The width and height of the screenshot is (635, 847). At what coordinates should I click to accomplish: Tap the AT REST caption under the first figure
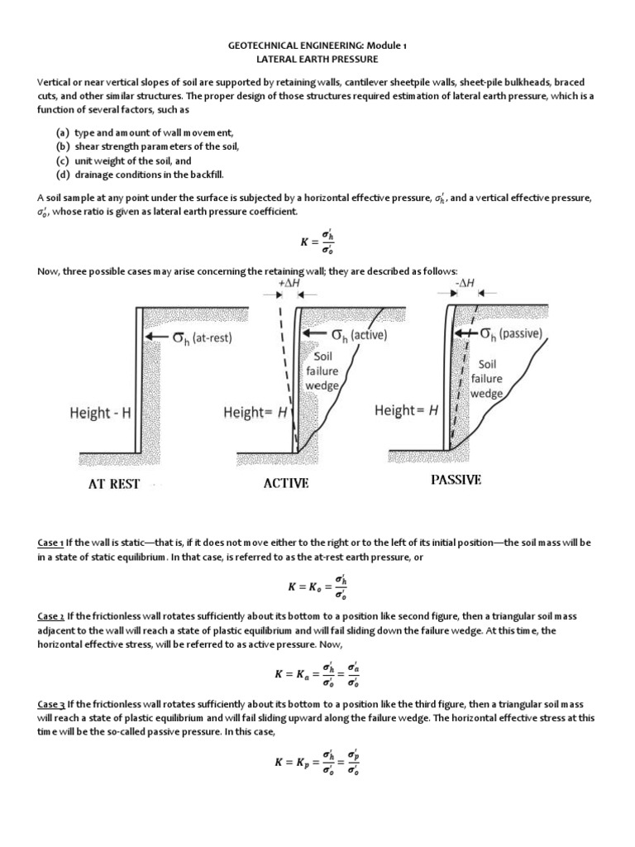click(x=114, y=484)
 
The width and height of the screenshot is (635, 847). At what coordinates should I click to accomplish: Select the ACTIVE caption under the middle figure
click(x=286, y=483)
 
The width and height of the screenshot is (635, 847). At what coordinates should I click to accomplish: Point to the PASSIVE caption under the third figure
click(x=456, y=480)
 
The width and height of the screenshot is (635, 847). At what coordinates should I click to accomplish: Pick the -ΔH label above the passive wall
click(x=466, y=283)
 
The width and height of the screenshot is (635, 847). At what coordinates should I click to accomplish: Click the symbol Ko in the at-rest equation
click(x=315, y=586)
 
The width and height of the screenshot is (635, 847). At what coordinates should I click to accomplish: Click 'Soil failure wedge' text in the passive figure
click(x=486, y=379)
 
